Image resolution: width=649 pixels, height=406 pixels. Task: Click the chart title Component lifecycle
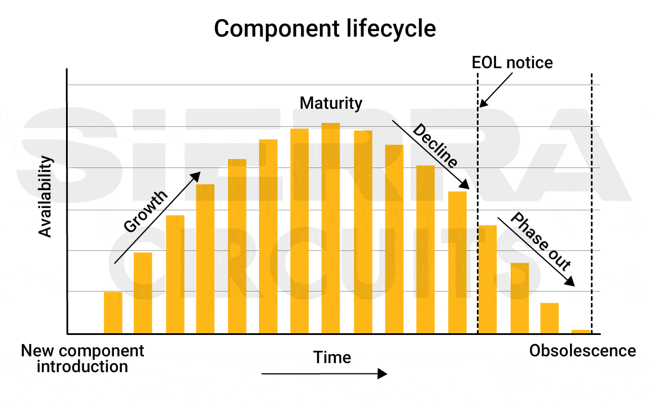click(x=324, y=28)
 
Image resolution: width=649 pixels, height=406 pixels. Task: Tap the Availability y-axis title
click(x=45, y=196)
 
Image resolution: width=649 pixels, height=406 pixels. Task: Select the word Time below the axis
click(x=332, y=358)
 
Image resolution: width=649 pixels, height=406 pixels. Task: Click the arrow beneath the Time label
click(x=324, y=374)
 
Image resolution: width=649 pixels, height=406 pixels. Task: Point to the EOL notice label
click(x=512, y=62)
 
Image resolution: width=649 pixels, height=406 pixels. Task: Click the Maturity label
click(x=331, y=103)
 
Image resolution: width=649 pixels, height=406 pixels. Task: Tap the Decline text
click(x=435, y=145)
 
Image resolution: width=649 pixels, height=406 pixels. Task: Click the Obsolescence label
click(x=582, y=351)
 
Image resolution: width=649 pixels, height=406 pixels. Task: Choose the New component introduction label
click(x=82, y=359)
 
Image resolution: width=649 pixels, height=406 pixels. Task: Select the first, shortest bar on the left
click(x=113, y=312)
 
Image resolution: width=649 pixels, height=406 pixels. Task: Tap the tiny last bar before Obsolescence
click(x=581, y=332)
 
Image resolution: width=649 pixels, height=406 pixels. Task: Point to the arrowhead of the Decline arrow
click(x=465, y=186)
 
